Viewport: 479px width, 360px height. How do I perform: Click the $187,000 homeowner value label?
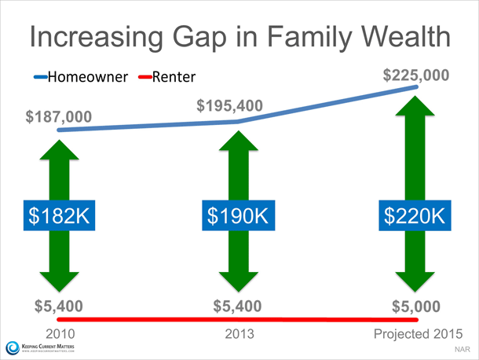click(x=59, y=117)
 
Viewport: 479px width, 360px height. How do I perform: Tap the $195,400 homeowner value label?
click(x=230, y=106)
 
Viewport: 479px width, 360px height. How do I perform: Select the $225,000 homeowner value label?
click(x=416, y=75)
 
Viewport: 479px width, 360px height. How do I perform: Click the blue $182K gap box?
click(x=59, y=215)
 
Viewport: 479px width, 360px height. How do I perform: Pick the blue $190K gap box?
click(x=238, y=215)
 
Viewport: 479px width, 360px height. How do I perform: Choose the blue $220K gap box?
click(x=415, y=215)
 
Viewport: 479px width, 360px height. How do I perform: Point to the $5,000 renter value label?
click(x=416, y=307)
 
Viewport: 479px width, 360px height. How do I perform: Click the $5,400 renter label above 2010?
click(x=59, y=306)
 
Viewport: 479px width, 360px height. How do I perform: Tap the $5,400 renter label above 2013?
click(x=237, y=306)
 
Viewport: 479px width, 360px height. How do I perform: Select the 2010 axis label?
click(x=60, y=334)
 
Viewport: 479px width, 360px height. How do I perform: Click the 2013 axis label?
click(x=239, y=334)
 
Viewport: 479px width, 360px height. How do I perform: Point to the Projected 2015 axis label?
click(x=419, y=334)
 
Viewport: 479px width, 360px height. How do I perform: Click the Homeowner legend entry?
click(x=81, y=77)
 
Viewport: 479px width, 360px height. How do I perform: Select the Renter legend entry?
click(x=166, y=77)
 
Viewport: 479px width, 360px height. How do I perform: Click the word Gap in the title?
click(x=199, y=39)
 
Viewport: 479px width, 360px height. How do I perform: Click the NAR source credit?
click(x=463, y=349)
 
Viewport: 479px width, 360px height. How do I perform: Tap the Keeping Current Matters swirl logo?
click(x=13, y=347)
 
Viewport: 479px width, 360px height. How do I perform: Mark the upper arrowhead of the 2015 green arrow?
click(x=415, y=105)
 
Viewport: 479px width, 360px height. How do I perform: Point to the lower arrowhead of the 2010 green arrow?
click(x=59, y=281)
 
